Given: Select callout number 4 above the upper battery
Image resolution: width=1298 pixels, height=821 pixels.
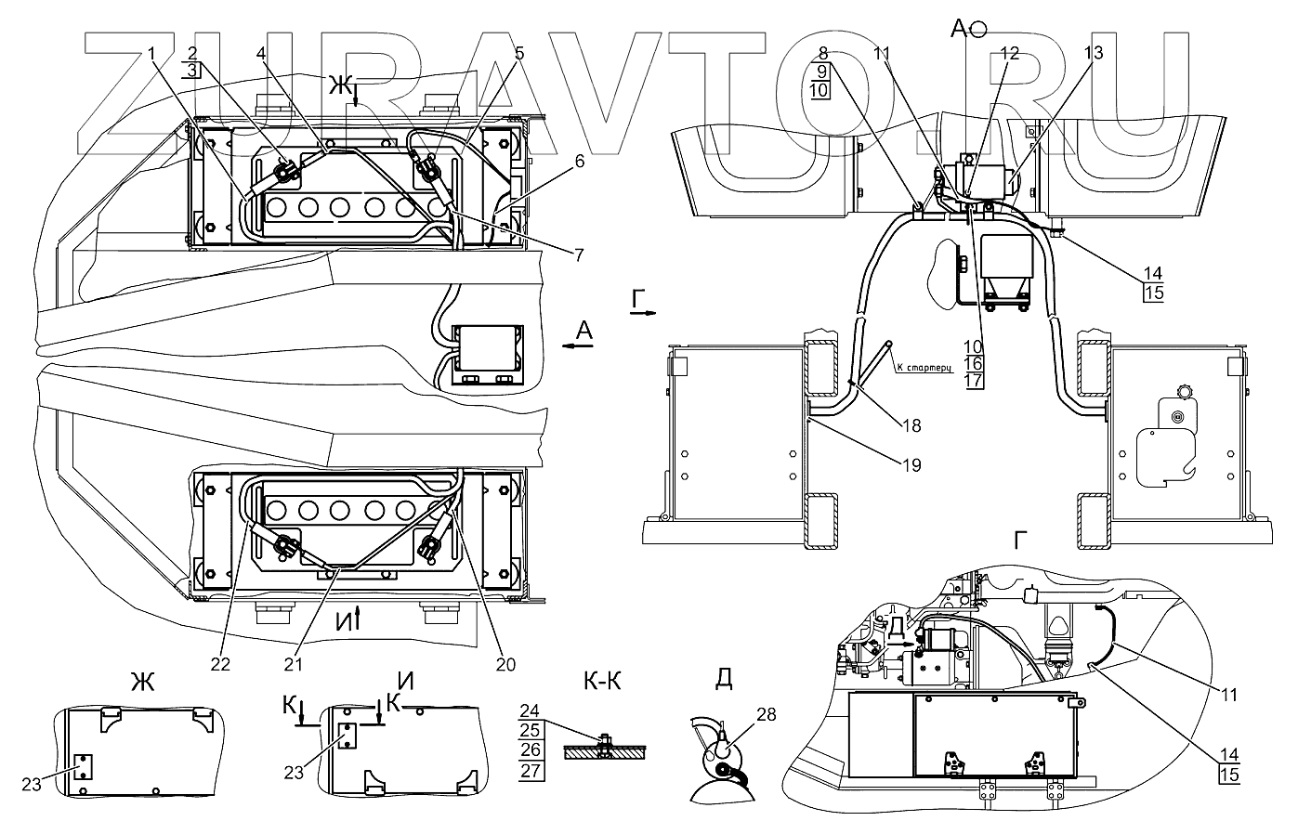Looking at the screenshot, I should pos(261,54).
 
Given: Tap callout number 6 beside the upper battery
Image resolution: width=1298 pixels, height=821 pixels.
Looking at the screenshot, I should pos(580,161).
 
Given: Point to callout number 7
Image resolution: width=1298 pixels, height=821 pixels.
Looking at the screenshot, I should pos(580,253).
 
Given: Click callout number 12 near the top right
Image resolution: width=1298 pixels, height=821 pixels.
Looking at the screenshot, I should pos(1010,54).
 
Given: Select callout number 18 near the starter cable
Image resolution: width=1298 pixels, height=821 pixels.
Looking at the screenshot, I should pos(911,425).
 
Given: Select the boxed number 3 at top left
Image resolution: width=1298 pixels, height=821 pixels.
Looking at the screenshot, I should pos(191,70).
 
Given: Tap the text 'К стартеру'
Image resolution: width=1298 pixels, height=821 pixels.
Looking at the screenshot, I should pos(924,367).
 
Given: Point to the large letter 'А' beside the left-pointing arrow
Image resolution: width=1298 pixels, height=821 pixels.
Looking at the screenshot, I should pos(583,330).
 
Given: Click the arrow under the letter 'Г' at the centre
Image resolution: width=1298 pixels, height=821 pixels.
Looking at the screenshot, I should pos(643,315).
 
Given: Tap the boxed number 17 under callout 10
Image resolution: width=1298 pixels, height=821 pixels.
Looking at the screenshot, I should pos(974,381).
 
